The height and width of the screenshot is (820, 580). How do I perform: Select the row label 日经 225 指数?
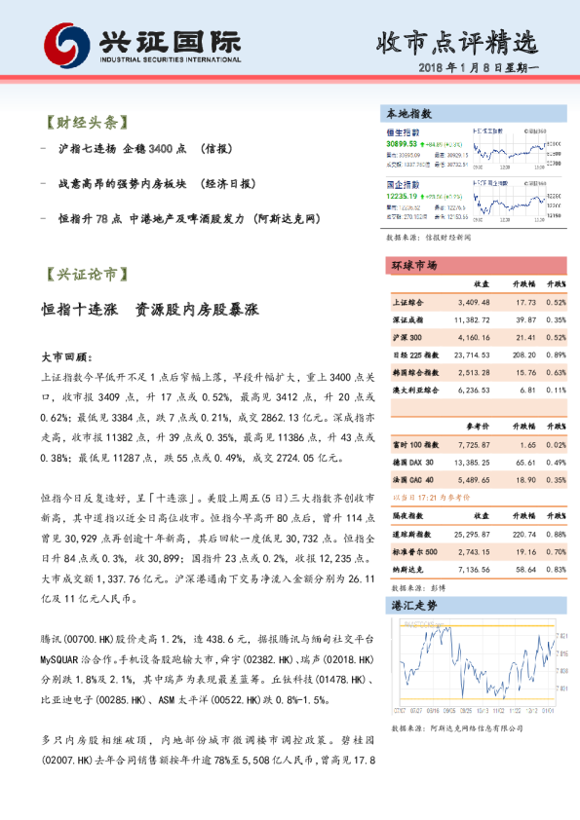(414, 355)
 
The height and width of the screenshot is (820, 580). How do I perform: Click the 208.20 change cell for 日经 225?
(522, 355)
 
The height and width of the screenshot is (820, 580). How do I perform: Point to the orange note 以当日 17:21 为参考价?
(436, 499)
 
